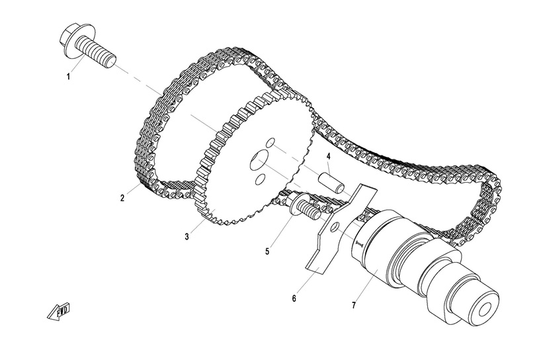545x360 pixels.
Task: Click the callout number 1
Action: pos(69,77)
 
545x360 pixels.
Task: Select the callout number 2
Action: pos(122,199)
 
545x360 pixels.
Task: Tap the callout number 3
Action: pos(187,237)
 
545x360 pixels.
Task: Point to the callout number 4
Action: pos(329,157)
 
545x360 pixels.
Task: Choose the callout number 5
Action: pos(267,251)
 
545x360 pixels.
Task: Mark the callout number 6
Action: pos(294,298)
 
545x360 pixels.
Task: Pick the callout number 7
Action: pos(354,305)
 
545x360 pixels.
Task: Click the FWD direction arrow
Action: pos(60,312)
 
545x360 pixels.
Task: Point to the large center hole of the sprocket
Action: pos(259,161)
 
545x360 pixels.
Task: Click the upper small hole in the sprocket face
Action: pos(271,142)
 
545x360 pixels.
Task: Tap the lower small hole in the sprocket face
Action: pos(260,179)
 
